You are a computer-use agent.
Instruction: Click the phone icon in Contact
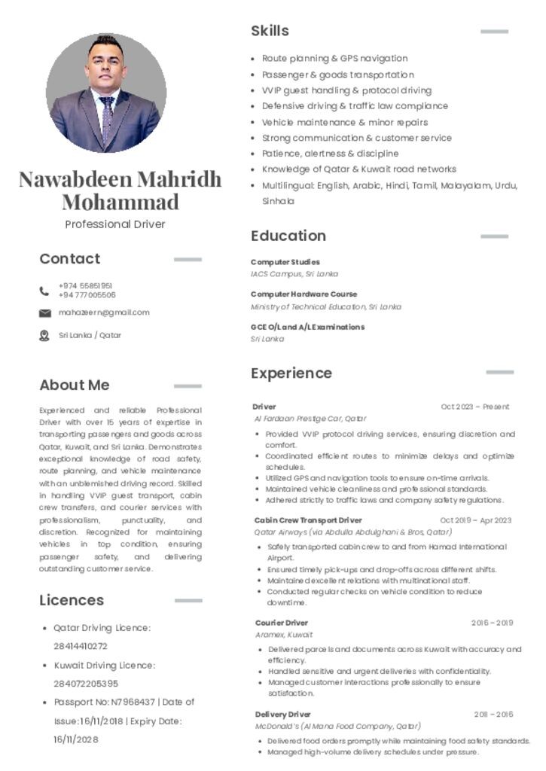pyautogui.click(x=44, y=291)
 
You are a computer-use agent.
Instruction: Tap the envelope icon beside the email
pyautogui.click(x=44, y=313)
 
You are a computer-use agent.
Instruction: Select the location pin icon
pyautogui.click(x=44, y=336)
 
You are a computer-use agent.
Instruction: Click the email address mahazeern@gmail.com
pyautogui.click(x=104, y=312)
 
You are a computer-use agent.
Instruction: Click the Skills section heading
pyautogui.click(x=270, y=31)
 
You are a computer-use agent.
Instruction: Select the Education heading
pyautogui.click(x=288, y=236)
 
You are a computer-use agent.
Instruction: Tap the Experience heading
pyautogui.click(x=291, y=373)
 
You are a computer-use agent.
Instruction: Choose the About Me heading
pyautogui.click(x=75, y=385)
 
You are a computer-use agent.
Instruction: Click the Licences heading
pyautogui.click(x=72, y=601)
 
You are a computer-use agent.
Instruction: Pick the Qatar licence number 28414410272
pyautogui.click(x=81, y=646)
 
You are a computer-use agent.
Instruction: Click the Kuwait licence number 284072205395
pyautogui.click(x=86, y=684)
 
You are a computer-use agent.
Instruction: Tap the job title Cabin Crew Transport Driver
pyautogui.click(x=308, y=520)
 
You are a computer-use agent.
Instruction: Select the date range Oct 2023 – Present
pyautogui.click(x=475, y=407)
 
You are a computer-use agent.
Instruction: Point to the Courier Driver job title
pyautogui.click(x=282, y=623)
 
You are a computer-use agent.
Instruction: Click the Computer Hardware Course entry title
pyautogui.click(x=304, y=294)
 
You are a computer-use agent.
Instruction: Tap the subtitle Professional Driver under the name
pyautogui.click(x=114, y=224)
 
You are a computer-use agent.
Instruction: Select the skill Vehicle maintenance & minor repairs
pyautogui.click(x=345, y=122)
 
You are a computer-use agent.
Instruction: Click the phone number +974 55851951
pyautogui.click(x=86, y=286)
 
